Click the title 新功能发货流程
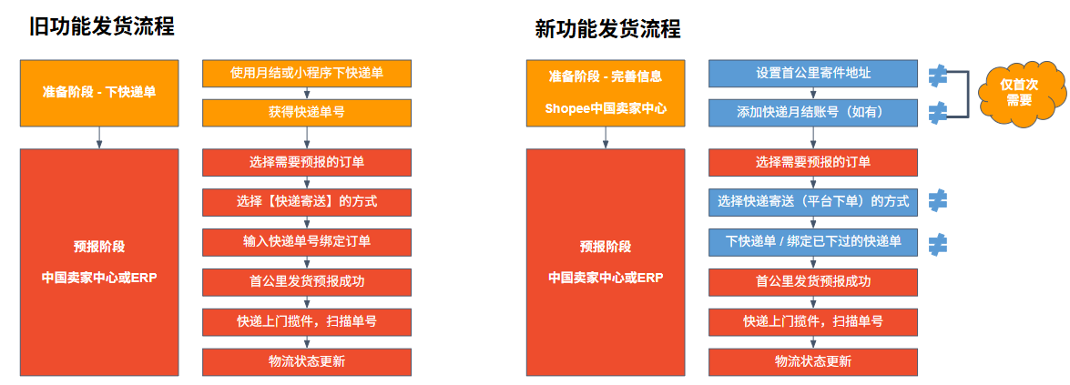[x=608, y=29]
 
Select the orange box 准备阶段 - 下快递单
[x=99, y=92]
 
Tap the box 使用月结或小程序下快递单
[x=307, y=74]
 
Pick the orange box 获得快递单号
[x=307, y=113]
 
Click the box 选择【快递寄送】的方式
[x=307, y=202]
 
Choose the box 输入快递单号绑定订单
[x=307, y=242]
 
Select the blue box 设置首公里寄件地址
[x=813, y=74]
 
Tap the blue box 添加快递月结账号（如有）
[x=813, y=113]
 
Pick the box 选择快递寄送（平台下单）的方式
[x=813, y=202]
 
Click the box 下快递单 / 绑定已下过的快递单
[x=813, y=242]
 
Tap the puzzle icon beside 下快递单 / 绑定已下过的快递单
[x=938, y=242]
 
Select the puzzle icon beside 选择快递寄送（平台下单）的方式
[x=938, y=199]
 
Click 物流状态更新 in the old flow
[x=307, y=362]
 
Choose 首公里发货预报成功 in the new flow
[x=813, y=282]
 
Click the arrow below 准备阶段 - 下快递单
[x=99, y=137]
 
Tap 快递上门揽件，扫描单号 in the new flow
[x=813, y=321]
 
